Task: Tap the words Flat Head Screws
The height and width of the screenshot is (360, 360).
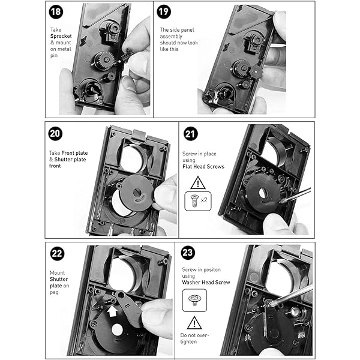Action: coord(203,167)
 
